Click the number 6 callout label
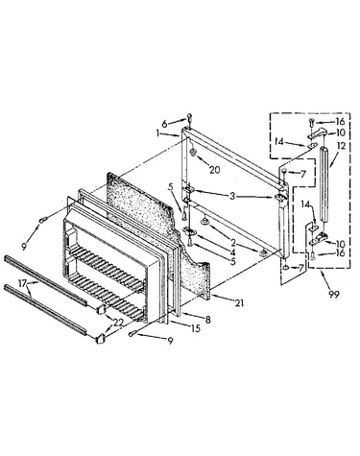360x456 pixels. [x=164, y=124]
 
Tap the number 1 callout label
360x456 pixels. [x=157, y=133]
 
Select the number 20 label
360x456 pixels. [x=215, y=170]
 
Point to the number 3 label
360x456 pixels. [x=232, y=196]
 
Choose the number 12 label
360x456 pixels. [x=341, y=146]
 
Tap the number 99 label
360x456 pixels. [x=334, y=294]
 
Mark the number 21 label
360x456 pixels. [x=239, y=302]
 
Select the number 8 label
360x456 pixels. [x=208, y=320]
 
